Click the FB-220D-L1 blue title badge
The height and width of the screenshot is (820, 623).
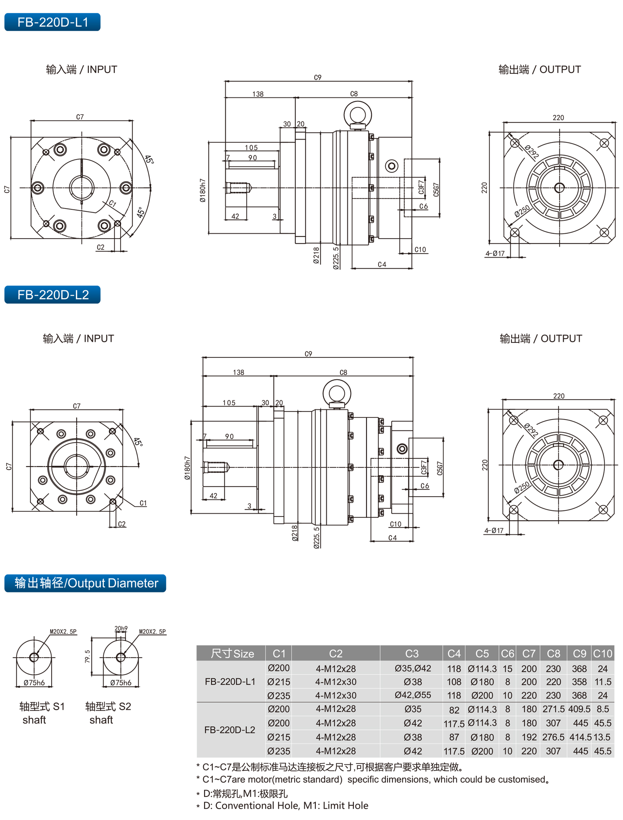(52, 22)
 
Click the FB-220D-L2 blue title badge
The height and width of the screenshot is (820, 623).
(52, 295)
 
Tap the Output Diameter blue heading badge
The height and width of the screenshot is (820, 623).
(85, 583)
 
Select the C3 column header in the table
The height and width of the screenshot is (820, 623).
(412, 653)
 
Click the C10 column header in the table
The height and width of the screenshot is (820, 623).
(602, 653)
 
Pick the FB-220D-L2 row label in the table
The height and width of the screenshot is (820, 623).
(230, 730)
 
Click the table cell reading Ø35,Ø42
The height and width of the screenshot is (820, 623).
(413, 668)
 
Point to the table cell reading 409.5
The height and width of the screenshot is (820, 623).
(579, 709)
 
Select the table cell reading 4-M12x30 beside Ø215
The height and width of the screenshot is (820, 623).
(336, 682)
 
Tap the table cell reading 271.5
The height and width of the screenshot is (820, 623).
(553, 709)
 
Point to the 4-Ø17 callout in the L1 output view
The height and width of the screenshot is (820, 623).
(495, 254)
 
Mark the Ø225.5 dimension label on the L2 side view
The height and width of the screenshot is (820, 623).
(317, 538)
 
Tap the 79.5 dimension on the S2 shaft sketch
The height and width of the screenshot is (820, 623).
(87, 656)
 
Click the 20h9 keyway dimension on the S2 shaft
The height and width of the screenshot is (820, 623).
(121, 628)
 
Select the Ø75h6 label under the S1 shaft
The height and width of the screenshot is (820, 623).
(34, 682)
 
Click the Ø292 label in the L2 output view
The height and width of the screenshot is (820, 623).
(530, 430)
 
